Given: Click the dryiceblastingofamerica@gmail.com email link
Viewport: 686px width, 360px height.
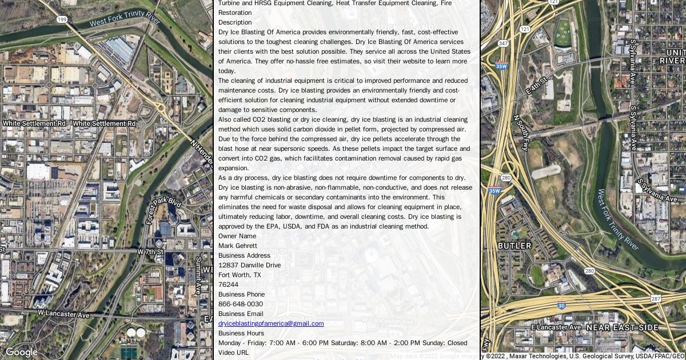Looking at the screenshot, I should click(271, 323).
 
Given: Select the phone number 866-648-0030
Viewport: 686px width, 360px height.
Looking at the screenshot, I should click(241, 304).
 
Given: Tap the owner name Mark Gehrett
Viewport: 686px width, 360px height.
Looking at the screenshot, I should click(238, 246).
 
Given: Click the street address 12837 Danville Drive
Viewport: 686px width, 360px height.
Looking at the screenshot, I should click(249, 265).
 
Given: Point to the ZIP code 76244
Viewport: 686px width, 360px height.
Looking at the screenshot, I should click(228, 285).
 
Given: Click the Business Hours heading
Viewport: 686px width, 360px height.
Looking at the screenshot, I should click(241, 333).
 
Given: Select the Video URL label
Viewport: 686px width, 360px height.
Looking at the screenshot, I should click(233, 353).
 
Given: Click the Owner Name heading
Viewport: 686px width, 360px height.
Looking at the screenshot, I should click(237, 236).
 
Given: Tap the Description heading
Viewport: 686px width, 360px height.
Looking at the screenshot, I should click(235, 22).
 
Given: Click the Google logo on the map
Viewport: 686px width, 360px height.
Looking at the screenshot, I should click(22, 352).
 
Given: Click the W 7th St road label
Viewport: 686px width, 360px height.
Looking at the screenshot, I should click(150, 251).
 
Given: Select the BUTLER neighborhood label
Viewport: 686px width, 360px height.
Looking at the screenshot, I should click(514, 246).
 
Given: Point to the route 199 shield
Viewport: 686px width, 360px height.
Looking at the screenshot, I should click(62, 19).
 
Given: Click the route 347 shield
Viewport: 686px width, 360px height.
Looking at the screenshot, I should click(503, 43).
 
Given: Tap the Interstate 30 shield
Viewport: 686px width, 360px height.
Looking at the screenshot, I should click(562, 306).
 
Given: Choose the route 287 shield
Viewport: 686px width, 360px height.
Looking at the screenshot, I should click(656, 299).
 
